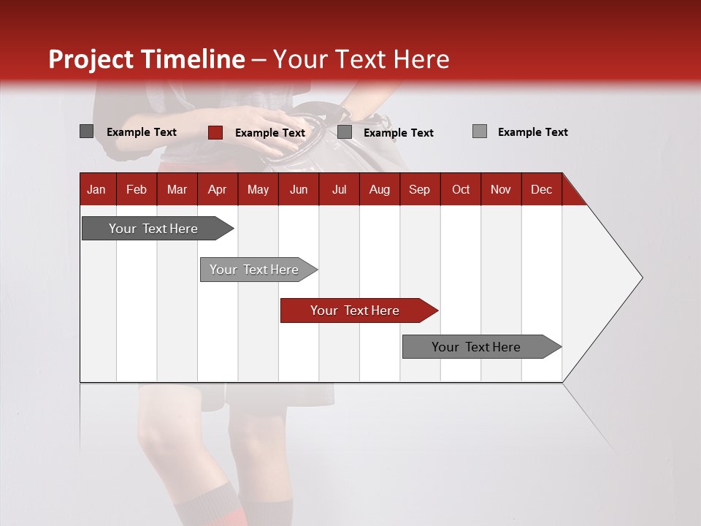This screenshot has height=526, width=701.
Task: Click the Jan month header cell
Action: [x=96, y=189]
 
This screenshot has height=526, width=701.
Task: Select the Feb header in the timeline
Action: [x=137, y=189]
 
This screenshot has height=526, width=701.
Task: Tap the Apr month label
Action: [x=217, y=189]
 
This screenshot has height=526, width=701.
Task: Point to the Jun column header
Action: [x=299, y=189]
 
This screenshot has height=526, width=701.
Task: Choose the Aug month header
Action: [x=379, y=189]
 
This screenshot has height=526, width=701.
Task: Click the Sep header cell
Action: [x=419, y=189]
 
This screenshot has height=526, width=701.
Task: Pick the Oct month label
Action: [x=461, y=189]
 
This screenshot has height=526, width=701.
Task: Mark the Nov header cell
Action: [x=501, y=189]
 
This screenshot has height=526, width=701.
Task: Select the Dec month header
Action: [x=541, y=189]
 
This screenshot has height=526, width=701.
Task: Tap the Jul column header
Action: [x=339, y=189]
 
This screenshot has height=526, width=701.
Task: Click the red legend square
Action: [x=215, y=132]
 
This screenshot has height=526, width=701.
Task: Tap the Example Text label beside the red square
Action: [x=270, y=132]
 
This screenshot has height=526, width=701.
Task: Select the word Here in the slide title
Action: [x=421, y=59]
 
